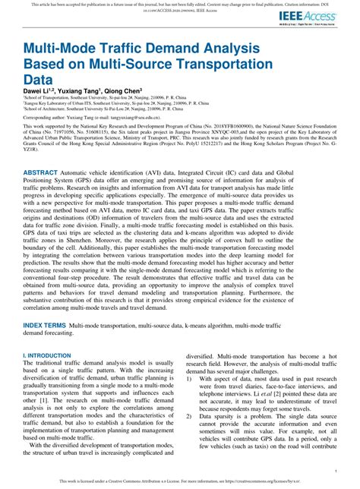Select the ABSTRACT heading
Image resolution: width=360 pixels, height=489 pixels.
coord(39,173)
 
